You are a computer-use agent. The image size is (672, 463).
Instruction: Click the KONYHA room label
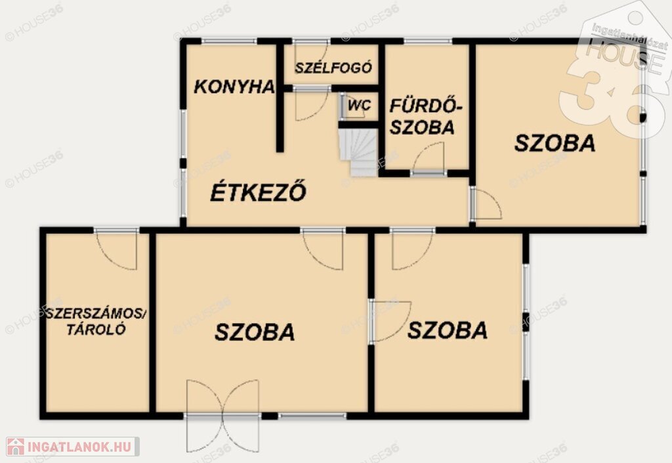point(234,87)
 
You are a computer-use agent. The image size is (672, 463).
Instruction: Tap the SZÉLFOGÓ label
point(333,68)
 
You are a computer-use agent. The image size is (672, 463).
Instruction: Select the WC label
point(359,105)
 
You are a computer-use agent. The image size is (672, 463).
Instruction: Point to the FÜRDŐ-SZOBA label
point(425,117)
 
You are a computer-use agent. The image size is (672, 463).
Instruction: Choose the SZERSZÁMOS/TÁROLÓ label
point(96,322)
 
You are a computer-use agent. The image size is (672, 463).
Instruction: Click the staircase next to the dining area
point(358,152)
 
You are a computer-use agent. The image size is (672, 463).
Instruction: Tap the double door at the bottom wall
point(223,416)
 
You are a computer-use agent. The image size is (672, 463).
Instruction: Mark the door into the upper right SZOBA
point(486,204)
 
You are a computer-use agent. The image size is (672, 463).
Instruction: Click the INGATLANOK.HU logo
point(72,447)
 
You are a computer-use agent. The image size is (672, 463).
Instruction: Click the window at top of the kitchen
point(229,41)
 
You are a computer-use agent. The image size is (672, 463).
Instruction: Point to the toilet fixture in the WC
point(343,106)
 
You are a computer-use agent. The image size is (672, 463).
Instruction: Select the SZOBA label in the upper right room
point(555,143)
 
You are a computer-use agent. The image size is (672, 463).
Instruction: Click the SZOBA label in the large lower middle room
point(255,332)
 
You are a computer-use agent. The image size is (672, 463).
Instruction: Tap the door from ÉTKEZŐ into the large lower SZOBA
point(323,249)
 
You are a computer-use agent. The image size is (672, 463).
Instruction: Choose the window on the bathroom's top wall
point(428,41)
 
